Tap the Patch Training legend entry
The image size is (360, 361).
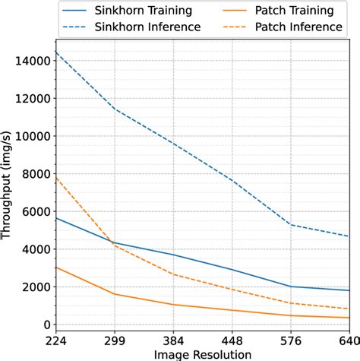click(x=292, y=11)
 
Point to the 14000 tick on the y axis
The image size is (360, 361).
click(x=28, y=61)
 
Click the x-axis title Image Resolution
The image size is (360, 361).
click(x=202, y=353)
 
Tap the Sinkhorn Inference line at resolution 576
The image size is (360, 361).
click(x=290, y=224)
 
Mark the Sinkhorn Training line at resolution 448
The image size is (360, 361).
click(x=232, y=270)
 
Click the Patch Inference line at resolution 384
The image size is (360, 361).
click(x=173, y=274)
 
